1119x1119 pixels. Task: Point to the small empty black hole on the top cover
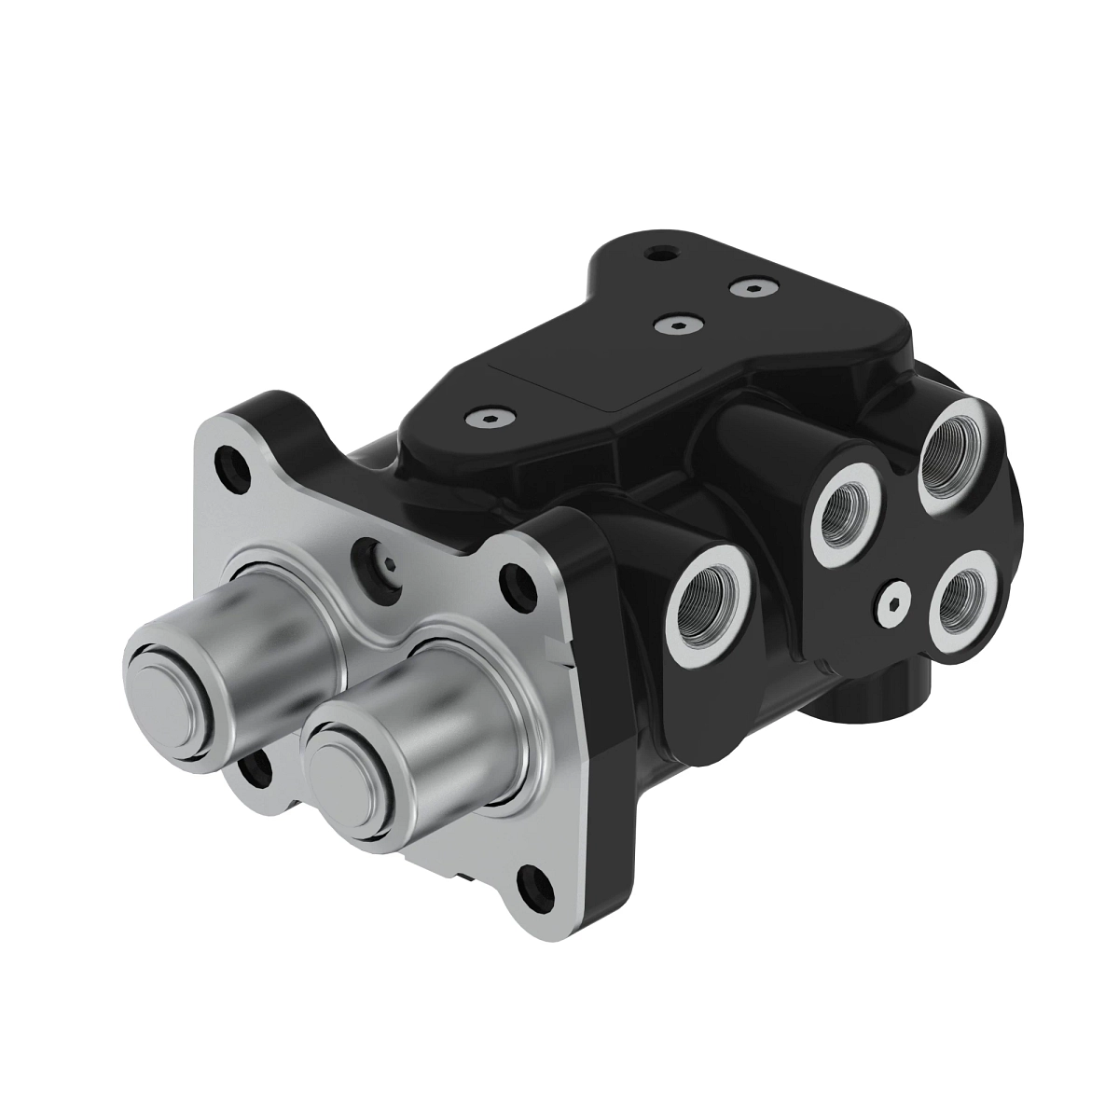coord(661,252)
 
